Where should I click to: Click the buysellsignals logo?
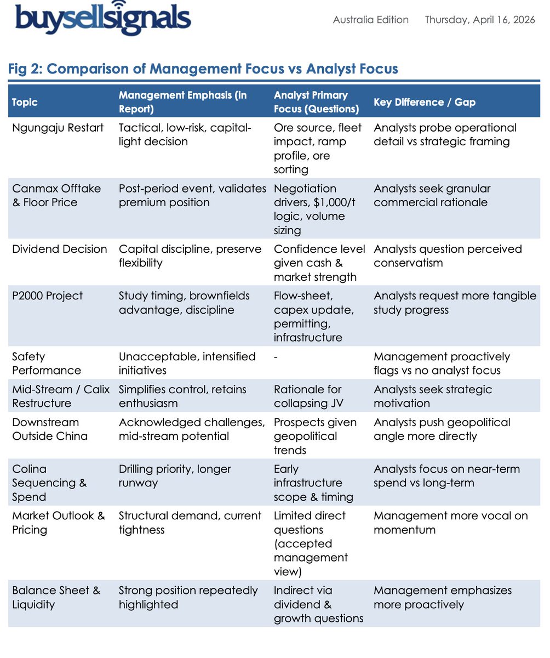(104, 19)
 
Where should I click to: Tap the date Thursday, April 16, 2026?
(480, 20)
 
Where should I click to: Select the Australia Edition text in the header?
(371, 20)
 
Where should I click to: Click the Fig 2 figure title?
(203, 69)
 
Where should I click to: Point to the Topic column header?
(25, 102)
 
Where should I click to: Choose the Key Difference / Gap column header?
(425, 102)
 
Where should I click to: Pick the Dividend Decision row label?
(59, 249)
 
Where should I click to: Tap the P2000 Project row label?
(47, 296)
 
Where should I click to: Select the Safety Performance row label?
(47, 363)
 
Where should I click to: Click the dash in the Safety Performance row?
(276, 356)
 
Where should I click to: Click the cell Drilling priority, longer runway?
(175, 476)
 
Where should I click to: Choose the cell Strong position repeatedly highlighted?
(188, 597)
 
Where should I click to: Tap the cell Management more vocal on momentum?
(443, 523)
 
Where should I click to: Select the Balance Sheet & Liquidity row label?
(56, 597)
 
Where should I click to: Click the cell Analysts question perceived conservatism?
(448, 256)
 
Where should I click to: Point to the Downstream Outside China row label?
(49, 429)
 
